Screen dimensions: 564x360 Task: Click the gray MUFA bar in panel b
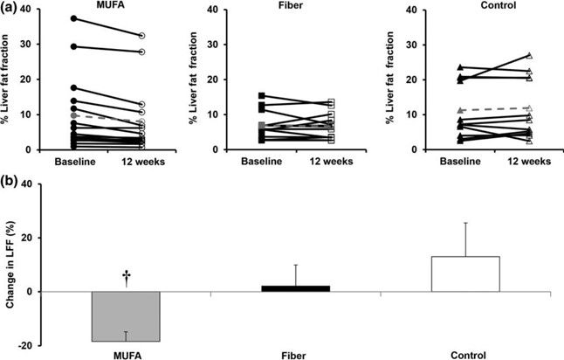(126, 316)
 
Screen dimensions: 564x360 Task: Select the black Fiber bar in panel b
(296, 288)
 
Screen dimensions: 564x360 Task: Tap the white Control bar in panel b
(465, 274)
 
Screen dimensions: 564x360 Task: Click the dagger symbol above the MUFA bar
(127, 280)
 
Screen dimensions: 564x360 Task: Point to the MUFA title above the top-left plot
(109, 4)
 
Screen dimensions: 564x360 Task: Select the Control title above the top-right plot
(499, 5)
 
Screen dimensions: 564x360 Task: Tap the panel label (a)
(9, 6)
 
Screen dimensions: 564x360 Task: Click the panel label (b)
(9, 183)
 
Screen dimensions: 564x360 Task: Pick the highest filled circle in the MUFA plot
(73, 18)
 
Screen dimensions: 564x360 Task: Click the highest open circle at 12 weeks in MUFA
(141, 36)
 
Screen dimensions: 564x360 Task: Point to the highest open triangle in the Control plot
(529, 55)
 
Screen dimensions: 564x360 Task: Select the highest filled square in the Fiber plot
(262, 96)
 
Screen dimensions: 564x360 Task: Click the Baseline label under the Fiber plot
(262, 162)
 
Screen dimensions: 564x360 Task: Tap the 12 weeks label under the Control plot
(529, 162)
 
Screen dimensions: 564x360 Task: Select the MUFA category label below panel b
(127, 356)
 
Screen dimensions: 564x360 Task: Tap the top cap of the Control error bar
(465, 223)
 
